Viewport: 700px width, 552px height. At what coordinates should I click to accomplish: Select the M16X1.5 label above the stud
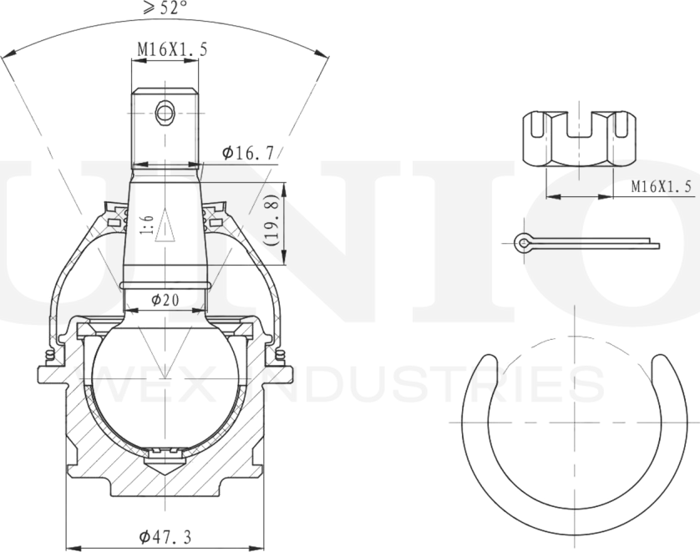pos(172,49)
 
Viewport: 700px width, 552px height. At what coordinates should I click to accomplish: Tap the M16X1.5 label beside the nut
pos(661,186)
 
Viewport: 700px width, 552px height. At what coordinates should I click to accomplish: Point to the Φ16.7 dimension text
pos(247,153)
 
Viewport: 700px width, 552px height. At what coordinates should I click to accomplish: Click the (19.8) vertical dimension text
pos(271,223)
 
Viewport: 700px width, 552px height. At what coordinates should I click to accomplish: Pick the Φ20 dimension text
pos(165,301)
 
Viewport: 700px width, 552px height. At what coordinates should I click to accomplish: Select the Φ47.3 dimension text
pos(165,537)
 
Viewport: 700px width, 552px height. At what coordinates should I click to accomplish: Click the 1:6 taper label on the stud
pos(146,225)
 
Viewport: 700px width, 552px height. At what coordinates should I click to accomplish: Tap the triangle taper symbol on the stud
pos(165,225)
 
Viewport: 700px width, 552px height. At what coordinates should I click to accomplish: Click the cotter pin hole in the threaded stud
pos(165,113)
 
